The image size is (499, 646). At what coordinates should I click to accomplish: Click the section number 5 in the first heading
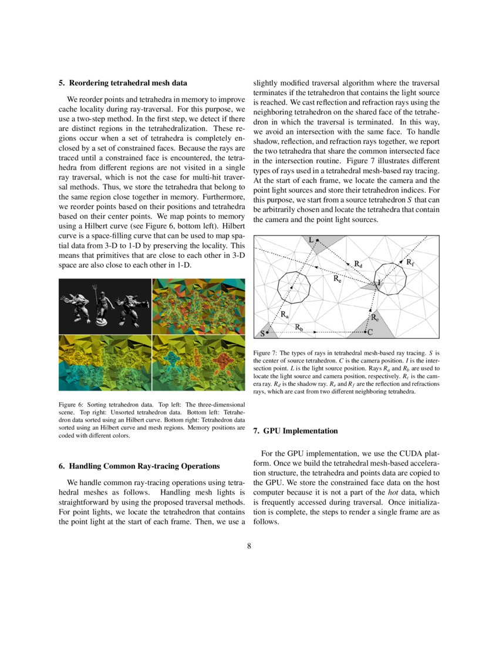pos(61,83)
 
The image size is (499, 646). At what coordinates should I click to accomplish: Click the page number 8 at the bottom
pos(249,546)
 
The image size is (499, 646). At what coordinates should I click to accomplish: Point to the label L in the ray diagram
pos(311,239)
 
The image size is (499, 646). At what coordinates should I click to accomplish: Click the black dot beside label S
pos(268,333)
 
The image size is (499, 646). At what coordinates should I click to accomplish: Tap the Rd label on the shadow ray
pos(358,264)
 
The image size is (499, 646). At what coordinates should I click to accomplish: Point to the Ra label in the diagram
pos(284,315)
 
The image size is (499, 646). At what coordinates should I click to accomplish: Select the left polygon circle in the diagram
pos(294,287)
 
